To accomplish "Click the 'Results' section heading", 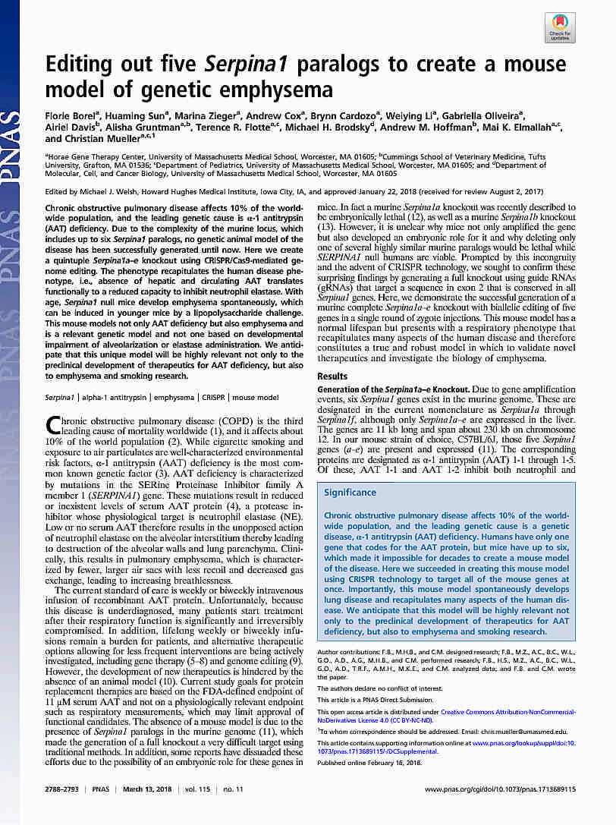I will pos(332,376).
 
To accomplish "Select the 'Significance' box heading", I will pos(350,493).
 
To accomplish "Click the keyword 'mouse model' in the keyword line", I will pos(255,397).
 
